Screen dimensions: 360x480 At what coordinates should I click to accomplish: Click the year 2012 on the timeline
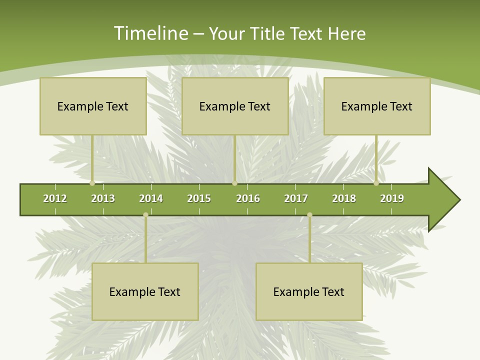coord(55,198)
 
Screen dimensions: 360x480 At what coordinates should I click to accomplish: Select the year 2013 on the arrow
coord(103,198)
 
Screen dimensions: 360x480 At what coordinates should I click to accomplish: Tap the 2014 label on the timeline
coord(151,198)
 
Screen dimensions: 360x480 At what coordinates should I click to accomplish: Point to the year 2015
coord(199,198)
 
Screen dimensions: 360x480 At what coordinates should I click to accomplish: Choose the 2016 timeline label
coord(248,198)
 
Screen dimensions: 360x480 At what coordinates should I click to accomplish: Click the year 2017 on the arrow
coord(296,198)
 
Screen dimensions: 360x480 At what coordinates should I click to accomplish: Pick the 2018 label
coord(344,198)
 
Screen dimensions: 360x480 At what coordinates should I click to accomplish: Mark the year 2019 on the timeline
coord(392,198)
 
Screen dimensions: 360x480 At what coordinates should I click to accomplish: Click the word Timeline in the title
coord(150,33)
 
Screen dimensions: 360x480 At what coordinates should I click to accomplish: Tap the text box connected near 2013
coord(93,106)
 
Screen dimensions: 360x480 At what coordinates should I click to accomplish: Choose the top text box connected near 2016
coord(235,106)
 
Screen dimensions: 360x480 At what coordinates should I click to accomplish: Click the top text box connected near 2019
coord(377,106)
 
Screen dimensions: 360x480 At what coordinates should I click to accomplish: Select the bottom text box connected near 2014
coord(145,291)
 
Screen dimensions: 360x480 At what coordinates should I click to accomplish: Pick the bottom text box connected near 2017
coord(309,291)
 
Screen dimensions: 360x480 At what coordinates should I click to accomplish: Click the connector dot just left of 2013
coord(92,183)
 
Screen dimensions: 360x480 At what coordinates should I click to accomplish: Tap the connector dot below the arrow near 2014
coord(145,215)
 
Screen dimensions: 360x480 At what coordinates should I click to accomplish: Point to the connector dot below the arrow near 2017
coord(309,215)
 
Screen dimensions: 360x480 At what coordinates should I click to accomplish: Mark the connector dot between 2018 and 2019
coord(376,183)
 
